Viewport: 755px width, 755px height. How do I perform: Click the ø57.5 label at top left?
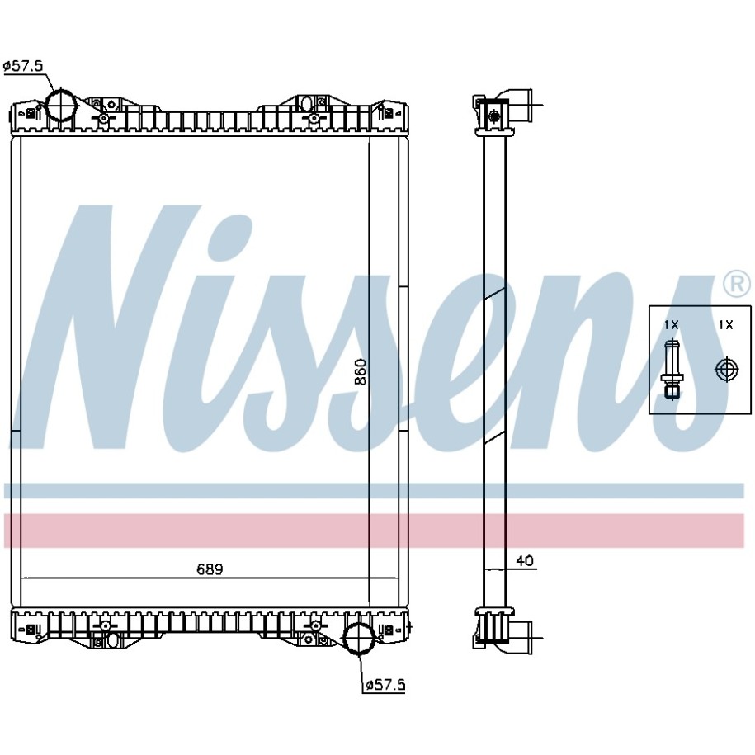pyautogui.click(x=22, y=66)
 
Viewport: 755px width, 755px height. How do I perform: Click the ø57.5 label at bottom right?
pyautogui.click(x=385, y=684)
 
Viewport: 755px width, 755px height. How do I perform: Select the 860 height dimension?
pyautogui.click(x=361, y=371)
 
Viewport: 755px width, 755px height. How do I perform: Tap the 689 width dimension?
pyautogui.click(x=210, y=569)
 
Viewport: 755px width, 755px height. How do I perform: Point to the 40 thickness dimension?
pyautogui.click(x=524, y=561)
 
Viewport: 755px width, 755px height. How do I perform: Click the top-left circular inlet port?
pyautogui.click(x=61, y=105)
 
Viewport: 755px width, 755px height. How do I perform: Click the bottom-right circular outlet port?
pyautogui.click(x=359, y=639)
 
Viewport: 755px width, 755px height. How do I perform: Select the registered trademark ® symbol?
pyautogui.click(x=737, y=284)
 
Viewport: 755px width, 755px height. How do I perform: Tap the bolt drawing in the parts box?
pyautogui.click(x=671, y=369)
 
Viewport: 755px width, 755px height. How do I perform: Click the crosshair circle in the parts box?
pyautogui.click(x=726, y=370)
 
